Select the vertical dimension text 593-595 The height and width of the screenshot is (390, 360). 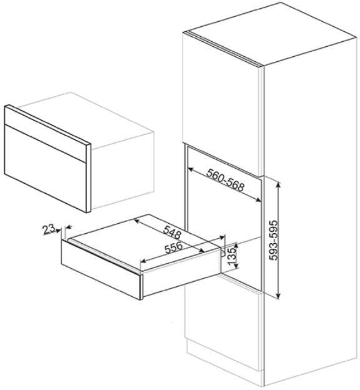click(274, 240)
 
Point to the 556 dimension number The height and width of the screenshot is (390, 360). click(173, 247)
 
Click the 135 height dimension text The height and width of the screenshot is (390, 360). click(232, 256)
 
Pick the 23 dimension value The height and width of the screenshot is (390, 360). click(48, 229)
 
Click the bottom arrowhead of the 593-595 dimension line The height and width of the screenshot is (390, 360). click(279, 295)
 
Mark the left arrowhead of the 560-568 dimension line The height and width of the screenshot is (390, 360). click(191, 170)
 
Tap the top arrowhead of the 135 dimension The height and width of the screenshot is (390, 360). click(236, 246)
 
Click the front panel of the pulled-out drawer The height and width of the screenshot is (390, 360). click(100, 269)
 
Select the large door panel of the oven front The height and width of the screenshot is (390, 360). click(45, 167)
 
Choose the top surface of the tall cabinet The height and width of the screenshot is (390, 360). click(272, 34)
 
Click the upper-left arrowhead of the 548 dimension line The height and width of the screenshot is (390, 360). click(137, 221)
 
